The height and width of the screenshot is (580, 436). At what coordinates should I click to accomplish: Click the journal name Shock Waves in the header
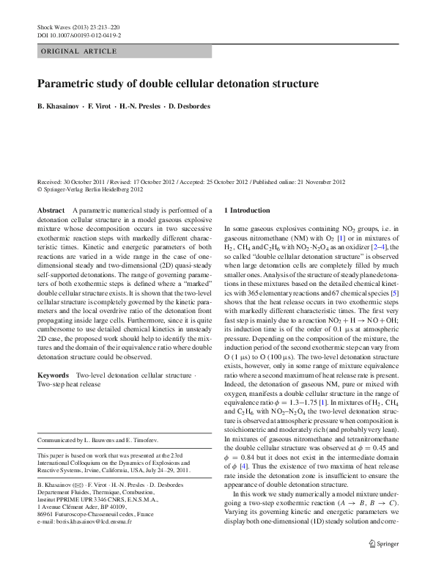coord(55,27)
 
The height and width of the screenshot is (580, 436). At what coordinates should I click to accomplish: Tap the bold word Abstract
coord(51,210)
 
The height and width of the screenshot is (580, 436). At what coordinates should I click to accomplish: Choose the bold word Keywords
coord(53,375)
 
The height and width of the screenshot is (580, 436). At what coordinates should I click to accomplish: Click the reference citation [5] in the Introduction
coord(394,293)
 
